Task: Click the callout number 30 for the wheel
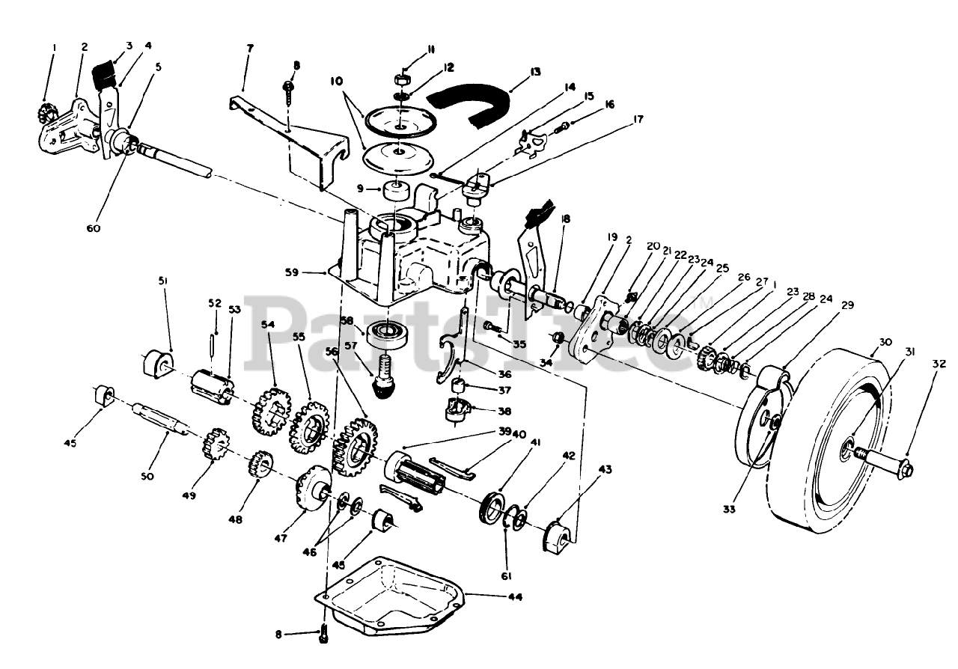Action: [885, 343]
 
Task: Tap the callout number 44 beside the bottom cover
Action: [513, 596]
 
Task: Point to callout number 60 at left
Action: [93, 228]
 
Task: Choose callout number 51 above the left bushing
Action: [162, 281]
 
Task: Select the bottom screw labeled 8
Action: [323, 634]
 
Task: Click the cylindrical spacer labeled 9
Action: [396, 193]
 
